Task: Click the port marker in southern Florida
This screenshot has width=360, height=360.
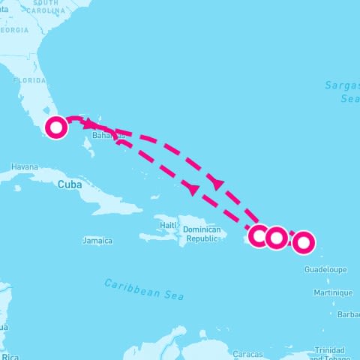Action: [56, 127]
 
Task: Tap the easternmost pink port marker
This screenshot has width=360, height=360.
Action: [303, 242]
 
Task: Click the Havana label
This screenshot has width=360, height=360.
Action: [24, 166]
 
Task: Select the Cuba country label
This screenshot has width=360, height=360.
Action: [68, 182]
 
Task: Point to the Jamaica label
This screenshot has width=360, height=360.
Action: [97, 241]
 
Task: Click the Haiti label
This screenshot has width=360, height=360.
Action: [168, 225]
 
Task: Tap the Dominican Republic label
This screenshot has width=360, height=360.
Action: [202, 233]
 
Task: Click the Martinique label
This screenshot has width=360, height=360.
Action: [333, 292]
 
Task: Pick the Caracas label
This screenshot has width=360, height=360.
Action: [247, 353]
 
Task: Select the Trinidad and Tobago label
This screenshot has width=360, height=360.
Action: [330, 353]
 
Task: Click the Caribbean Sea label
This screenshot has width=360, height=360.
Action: [144, 289]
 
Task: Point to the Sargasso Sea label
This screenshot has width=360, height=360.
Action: [343, 91]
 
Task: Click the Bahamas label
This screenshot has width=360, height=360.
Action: [105, 136]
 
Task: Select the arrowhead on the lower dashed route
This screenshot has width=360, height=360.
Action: [193, 190]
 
